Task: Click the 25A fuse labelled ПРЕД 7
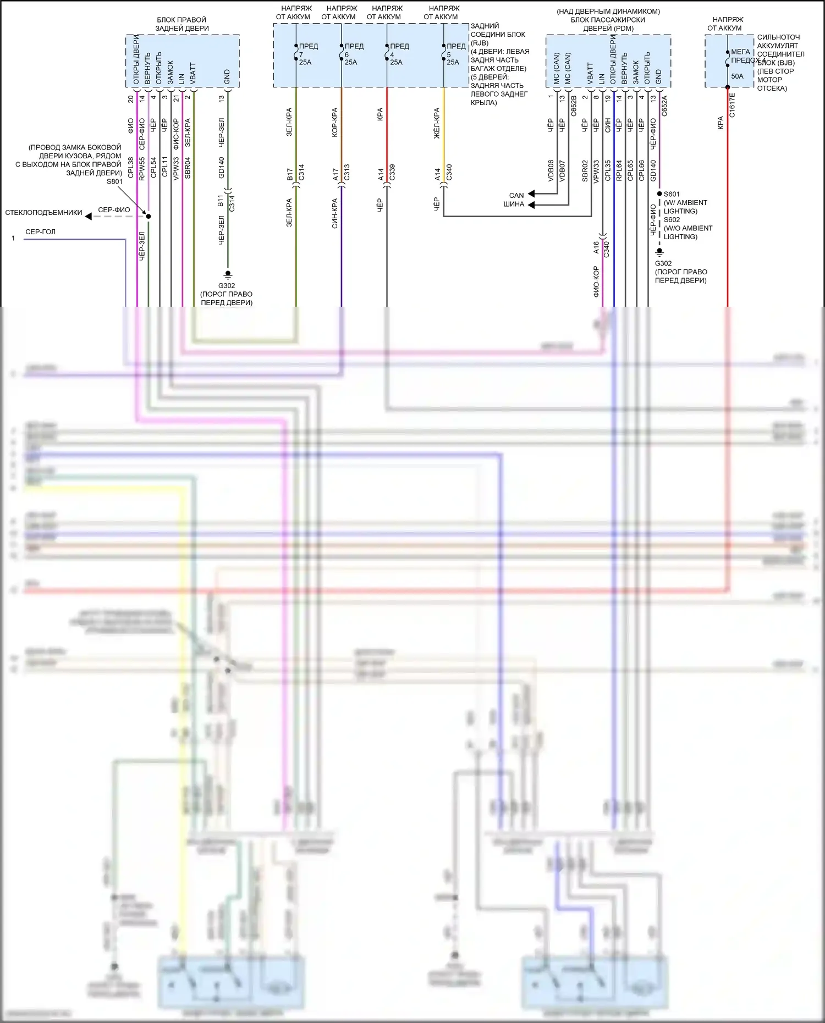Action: [305, 54]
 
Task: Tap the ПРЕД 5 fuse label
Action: [456, 46]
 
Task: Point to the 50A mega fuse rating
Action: [737, 76]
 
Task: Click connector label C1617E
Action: [732, 104]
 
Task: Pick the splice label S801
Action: [114, 181]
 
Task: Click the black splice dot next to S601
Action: [659, 194]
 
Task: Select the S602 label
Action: [672, 219]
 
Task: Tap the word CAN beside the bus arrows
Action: [516, 195]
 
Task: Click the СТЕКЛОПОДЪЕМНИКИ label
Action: [43, 213]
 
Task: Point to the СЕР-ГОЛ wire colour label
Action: [40, 232]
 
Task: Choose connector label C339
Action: [392, 172]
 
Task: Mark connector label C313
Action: [346, 172]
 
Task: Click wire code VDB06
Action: [551, 170]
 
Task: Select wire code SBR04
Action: [188, 168]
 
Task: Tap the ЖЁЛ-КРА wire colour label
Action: [437, 123]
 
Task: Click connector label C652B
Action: [574, 106]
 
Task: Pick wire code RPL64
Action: [619, 170]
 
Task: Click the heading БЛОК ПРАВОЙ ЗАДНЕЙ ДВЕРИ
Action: [182, 24]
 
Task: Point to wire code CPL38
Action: [130, 168]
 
